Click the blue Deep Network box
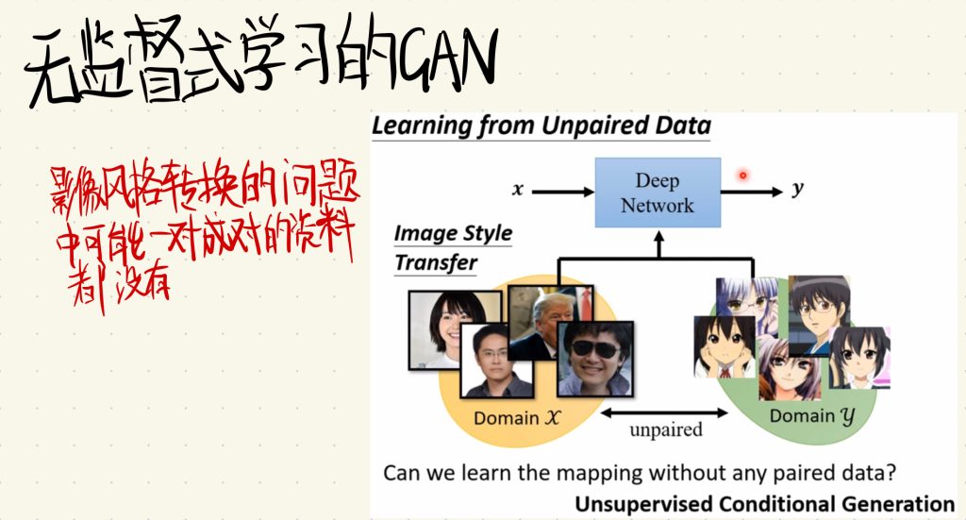(x=658, y=193)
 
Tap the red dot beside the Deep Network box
(x=743, y=176)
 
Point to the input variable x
(x=518, y=190)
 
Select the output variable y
(x=797, y=189)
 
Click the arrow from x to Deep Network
(x=562, y=193)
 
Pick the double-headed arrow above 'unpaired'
(x=664, y=412)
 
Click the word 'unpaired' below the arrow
(x=666, y=429)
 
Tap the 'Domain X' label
(x=516, y=418)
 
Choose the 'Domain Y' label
(x=812, y=416)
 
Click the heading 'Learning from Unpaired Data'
(x=541, y=126)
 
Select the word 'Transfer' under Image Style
(x=436, y=263)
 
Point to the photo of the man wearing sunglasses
(x=595, y=359)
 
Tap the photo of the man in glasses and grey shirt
(x=497, y=361)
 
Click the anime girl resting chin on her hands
(x=724, y=347)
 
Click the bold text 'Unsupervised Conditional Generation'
(x=764, y=504)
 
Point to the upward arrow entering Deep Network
(x=658, y=244)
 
